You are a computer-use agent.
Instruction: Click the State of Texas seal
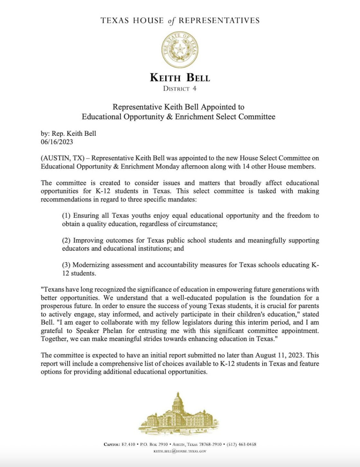(180, 50)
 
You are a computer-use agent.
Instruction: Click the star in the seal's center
(180, 49)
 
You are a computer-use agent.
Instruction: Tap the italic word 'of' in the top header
(171, 21)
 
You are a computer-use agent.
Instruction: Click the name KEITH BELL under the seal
(180, 78)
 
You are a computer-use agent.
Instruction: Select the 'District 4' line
(180, 88)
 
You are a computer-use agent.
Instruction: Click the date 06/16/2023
(57, 142)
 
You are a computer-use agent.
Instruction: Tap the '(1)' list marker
(67, 216)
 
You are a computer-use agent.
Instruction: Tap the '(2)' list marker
(67, 241)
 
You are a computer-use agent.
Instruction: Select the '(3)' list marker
(67, 265)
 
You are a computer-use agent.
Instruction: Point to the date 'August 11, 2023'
(279, 355)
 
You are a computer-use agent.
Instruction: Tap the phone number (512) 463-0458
(241, 444)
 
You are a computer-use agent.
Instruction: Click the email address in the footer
(180, 451)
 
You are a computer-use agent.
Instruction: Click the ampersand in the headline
(169, 117)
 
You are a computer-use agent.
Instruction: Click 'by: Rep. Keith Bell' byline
(68, 133)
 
